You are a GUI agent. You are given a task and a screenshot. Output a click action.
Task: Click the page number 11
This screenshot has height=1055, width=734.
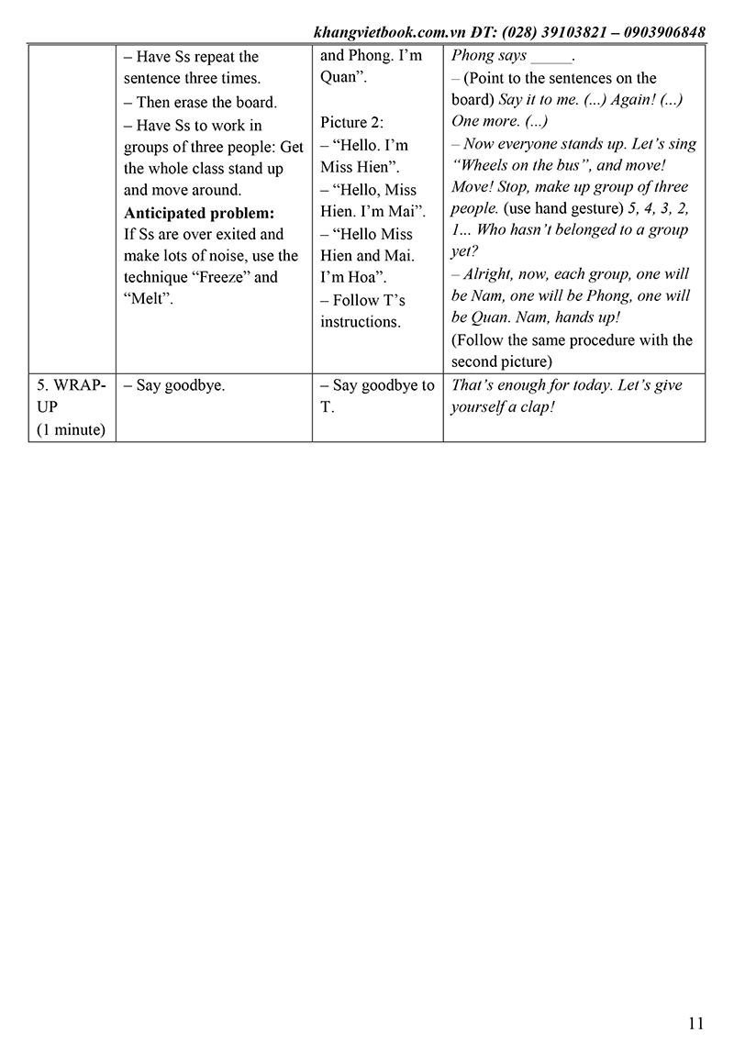coord(695,1023)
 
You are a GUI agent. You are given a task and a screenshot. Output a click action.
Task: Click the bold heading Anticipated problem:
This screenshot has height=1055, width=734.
coord(199,213)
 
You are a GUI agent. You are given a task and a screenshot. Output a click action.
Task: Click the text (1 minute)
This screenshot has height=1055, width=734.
coord(71,429)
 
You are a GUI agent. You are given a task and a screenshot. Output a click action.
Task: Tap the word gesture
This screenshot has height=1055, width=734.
coord(592,207)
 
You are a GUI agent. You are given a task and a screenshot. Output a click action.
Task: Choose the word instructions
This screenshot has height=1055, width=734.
coord(361,322)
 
